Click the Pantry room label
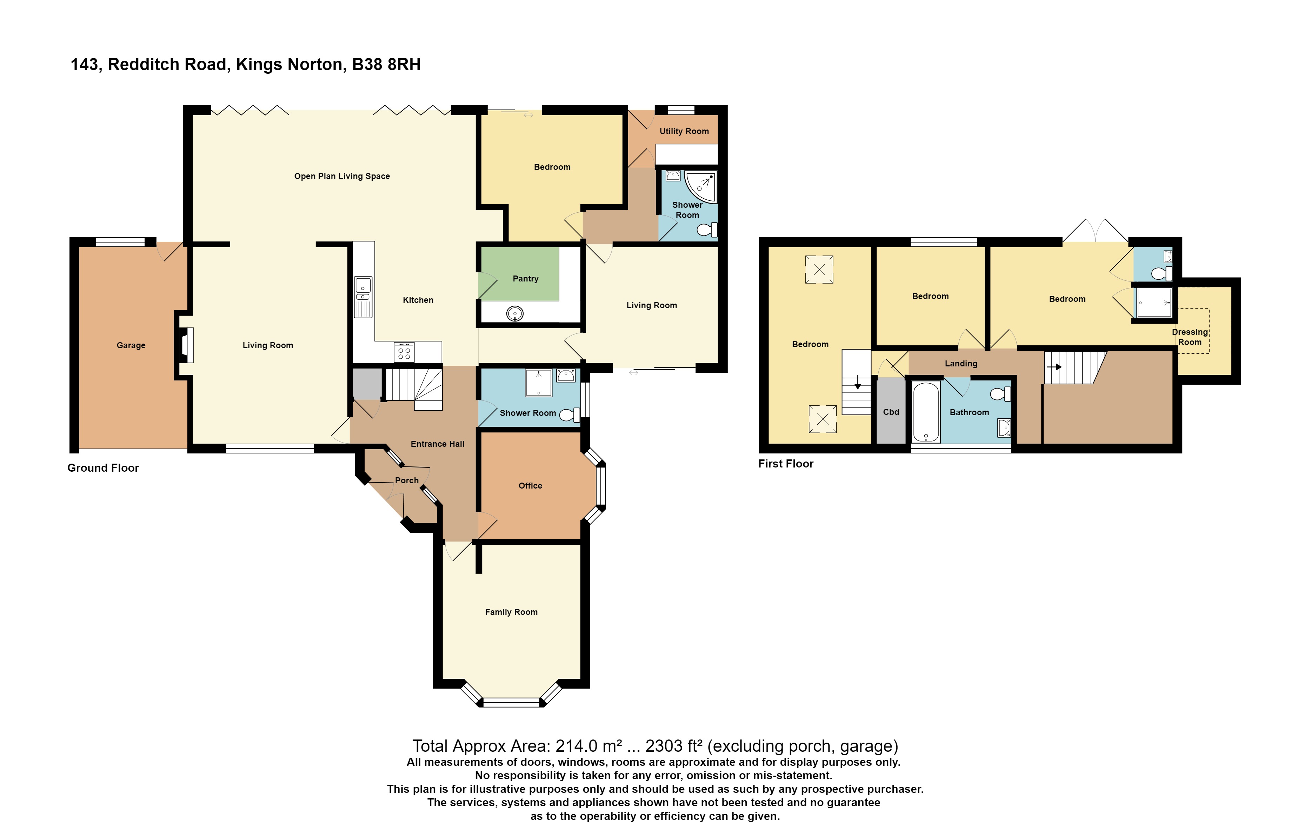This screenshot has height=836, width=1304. (x=525, y=278)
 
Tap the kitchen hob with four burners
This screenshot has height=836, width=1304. (x=404, y=351)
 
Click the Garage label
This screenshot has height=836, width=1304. (x=131, y=345)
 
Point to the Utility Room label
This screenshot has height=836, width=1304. (x=684, y=131)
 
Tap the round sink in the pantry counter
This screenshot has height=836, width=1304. (x=514, y=313)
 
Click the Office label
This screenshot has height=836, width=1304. (x=530, y=486)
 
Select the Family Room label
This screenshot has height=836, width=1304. (x=511, y=612)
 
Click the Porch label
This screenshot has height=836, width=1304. (x=406, y=480)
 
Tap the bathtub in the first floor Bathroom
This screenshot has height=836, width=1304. (x=926, y=411)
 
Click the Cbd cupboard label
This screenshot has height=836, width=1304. (x=891, y=412)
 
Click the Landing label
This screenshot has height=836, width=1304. (x=960, y=364)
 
